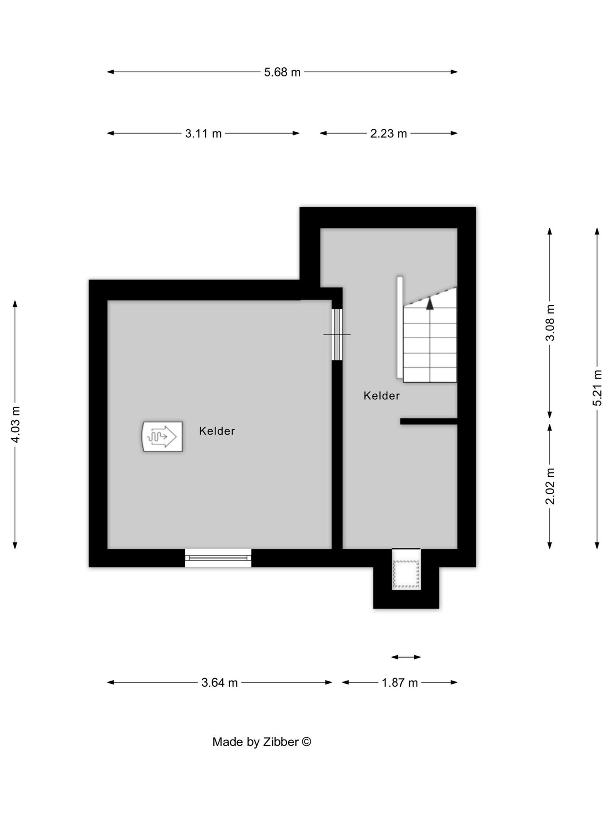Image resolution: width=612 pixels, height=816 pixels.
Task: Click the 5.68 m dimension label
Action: (x=282, y=72)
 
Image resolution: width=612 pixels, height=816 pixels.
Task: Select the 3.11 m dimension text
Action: (x=203, y=134)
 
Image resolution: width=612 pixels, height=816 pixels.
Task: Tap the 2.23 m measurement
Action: (x=388, y=134)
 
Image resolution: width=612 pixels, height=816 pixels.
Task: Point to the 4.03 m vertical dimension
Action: (x=15, y=424)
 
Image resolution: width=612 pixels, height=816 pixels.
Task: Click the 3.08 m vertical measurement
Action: (x=550, y=322)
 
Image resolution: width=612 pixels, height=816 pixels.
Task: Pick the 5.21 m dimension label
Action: (x=597, y=388)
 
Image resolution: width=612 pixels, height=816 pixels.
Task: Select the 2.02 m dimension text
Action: (x=550, y=486)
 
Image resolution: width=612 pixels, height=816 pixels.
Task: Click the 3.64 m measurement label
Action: (x=219, y=682)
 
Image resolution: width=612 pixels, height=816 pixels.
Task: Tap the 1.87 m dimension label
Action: (x=399, y=682)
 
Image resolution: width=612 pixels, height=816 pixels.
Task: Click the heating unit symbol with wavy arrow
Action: (x=162, y=437)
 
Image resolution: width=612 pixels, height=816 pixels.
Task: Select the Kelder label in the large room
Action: (x=216, y=431)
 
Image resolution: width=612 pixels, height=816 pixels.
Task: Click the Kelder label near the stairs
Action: (x=381, y=396)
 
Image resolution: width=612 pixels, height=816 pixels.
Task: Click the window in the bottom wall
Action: (x=218, y=558)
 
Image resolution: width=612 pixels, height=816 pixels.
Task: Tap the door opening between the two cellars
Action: (x=337, y=334)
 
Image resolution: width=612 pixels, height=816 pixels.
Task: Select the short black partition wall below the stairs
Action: (x=428, y=421)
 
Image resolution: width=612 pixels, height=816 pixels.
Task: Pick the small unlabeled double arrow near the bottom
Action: (x=406, y=657)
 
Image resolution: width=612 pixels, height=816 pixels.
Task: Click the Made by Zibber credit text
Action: (x=262, y=742)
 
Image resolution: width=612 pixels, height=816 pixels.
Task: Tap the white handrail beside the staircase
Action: (x=400, y=327)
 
